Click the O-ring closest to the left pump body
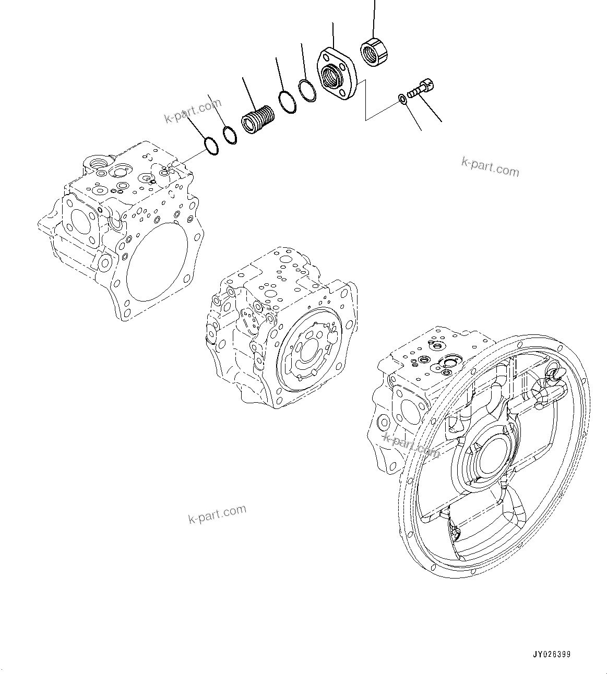210,146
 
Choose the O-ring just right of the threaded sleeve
287,101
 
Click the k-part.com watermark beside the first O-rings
193,112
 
